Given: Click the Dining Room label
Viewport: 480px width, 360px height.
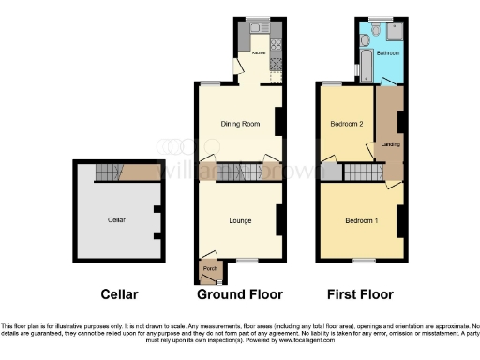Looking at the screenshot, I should (x=238, y=123).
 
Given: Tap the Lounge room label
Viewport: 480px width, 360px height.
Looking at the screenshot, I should (x=240, y=220).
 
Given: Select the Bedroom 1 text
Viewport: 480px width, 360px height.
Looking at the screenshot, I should (x=360, y=220).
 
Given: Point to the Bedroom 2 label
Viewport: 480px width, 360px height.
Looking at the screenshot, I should (x=346, y=123).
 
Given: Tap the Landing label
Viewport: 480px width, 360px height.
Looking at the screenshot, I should (x=388, y=144).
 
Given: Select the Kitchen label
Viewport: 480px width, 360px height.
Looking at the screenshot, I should (x=258, y=53).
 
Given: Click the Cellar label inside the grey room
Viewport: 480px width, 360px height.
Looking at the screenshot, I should (x=116, y=220).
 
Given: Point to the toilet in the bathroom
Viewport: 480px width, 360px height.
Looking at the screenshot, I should (x=375, y=31).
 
